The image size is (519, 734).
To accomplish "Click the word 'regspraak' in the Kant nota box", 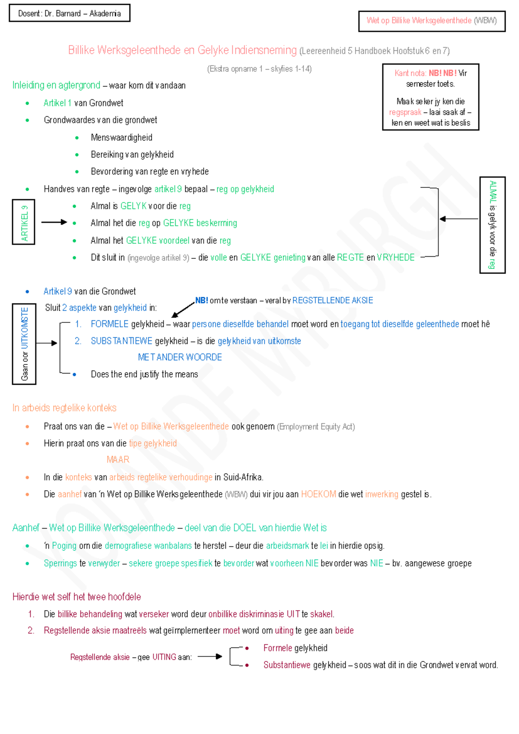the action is pyautogui.click(x=405, y=112).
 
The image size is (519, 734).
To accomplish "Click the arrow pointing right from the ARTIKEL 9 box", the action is pyautogui.click(x=54, y=222).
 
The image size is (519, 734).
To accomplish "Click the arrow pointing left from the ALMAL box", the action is pyautogui.click(x=458, y=219).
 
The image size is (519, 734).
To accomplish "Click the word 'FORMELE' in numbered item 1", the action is pyautogui.click(x=110, y=324).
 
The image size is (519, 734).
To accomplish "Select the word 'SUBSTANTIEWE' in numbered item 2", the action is pyautogui.click(x=122, y=341).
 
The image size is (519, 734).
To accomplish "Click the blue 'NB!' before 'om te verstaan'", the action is pyautogui.click(x=202, y=300).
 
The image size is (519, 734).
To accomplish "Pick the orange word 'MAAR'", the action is pyautogui.click(x=118, y=460).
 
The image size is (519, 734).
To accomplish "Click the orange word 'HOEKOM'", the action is pyautogui.click(x=318, y=494).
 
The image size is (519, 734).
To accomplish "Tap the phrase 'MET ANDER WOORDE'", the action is pyautogui.click(x=180, y=357).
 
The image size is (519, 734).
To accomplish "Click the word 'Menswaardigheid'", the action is pyautogui.click(x=122, y=137).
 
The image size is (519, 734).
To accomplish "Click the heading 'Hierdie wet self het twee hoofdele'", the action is pyautogui.click(x=77, y=596).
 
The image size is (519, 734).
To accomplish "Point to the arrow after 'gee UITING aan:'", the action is pyautogui.click(x=210, y=657).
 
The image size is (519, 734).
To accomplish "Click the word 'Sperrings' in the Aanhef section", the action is pyautogui.click(x=60, y=563).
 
